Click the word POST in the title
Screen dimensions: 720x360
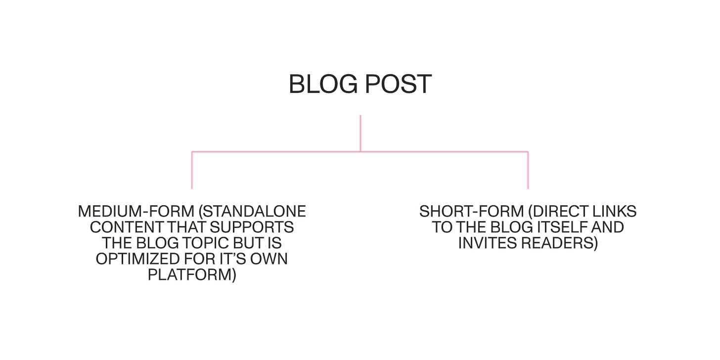pos(398,84)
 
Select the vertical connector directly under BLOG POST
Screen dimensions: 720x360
pos(360,132)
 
